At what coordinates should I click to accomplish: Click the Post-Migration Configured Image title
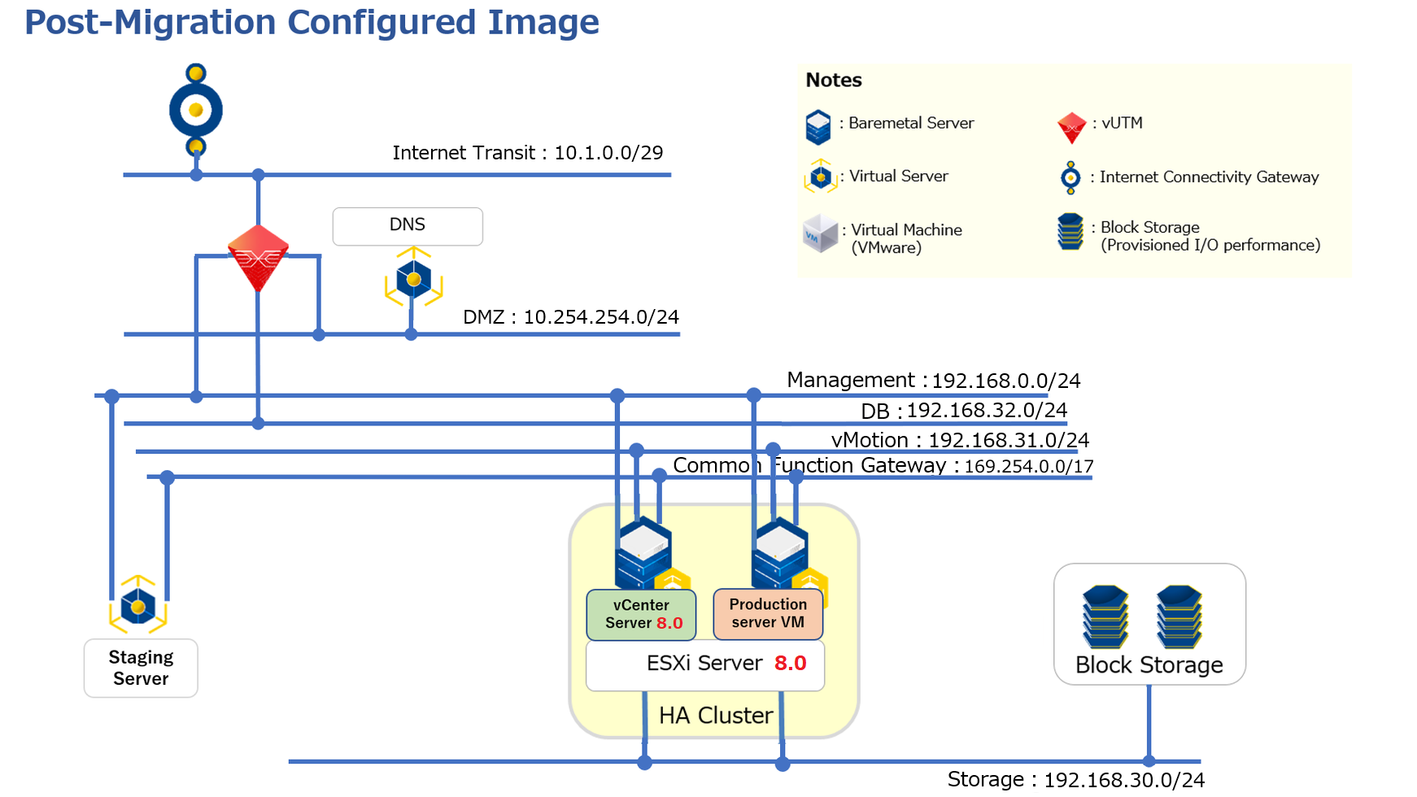[x=312, y=22]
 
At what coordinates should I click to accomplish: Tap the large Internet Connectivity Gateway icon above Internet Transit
[x=196, y=110]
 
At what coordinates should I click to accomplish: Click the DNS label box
[x=408, y=226]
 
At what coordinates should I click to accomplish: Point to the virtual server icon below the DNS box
[x=414, y=278]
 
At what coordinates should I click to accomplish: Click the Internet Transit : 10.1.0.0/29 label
[x=528, y=153]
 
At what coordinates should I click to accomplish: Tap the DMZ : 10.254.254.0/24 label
[x=571, y=317]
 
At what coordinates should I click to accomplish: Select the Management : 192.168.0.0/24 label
[x=934, y=381]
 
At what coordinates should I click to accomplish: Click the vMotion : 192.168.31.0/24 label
[x=960, y=440]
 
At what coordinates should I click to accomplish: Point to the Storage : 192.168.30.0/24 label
[x=1076, y=780]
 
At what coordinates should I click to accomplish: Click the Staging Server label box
[x=141, y=668]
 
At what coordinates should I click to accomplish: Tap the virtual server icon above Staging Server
[x=138, y=605]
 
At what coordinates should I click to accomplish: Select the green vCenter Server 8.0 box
[x=642, y=615]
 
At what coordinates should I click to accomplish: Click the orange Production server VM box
[x=768, y=614]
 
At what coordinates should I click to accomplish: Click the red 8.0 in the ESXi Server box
[x=791, y=664]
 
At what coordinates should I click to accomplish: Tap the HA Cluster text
[x=716, y=716]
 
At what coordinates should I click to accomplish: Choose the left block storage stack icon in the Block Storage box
[x=1105, y=616]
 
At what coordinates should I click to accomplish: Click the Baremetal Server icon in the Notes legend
[x=818, y=128]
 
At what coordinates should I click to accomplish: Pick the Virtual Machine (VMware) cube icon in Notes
[x=820, y=234]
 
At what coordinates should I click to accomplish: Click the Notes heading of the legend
[x=834, y=81]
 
